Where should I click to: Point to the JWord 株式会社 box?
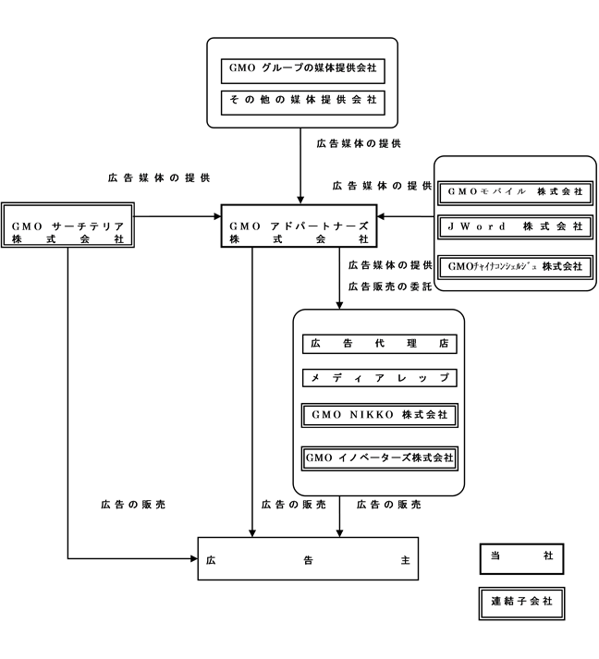[515, 226]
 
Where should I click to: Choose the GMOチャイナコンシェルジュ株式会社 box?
[515, 265]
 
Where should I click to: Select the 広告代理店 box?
[379, 343]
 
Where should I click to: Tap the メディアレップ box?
[379, 378]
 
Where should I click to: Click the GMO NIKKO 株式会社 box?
[379, 415]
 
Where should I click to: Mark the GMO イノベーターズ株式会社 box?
[379, 457]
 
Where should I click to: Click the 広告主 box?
[307, 558]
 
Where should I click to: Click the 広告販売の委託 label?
[390, 287]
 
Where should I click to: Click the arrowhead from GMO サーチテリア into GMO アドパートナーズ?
[214, 218]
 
